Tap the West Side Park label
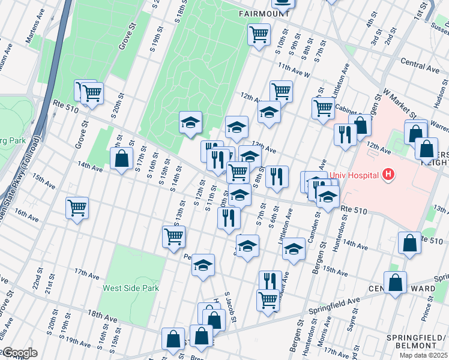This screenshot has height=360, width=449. click(x=130, y=288)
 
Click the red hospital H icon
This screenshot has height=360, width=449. click(x=389, y=175)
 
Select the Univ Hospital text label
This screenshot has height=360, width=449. click(x=354, y=176)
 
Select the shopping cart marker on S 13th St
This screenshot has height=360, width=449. click(x=173, y=236)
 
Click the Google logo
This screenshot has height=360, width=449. click(x=19, y=353)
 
